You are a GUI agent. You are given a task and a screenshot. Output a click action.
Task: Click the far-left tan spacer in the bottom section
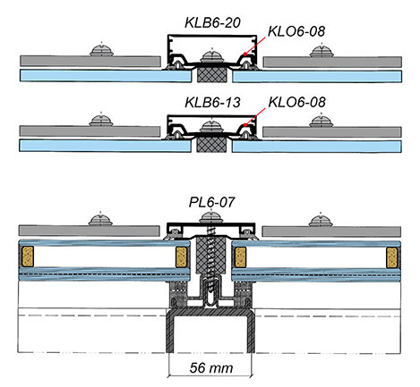point(30,259)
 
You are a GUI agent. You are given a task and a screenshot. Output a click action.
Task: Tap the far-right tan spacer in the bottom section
point(391,259)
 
